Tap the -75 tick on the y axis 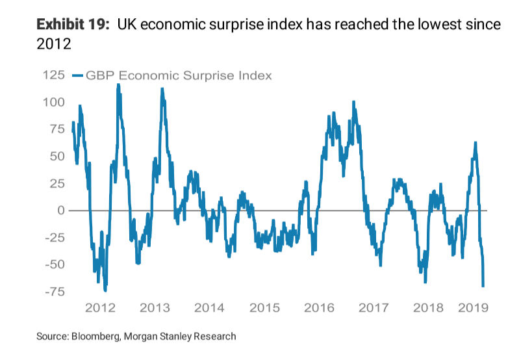53,292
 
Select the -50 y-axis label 53,264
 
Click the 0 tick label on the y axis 60,211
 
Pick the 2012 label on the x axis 100,307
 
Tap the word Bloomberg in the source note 98,337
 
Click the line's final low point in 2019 483,285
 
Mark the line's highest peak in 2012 118,84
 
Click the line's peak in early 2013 162,89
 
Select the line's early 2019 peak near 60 476,143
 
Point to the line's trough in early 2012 105,290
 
